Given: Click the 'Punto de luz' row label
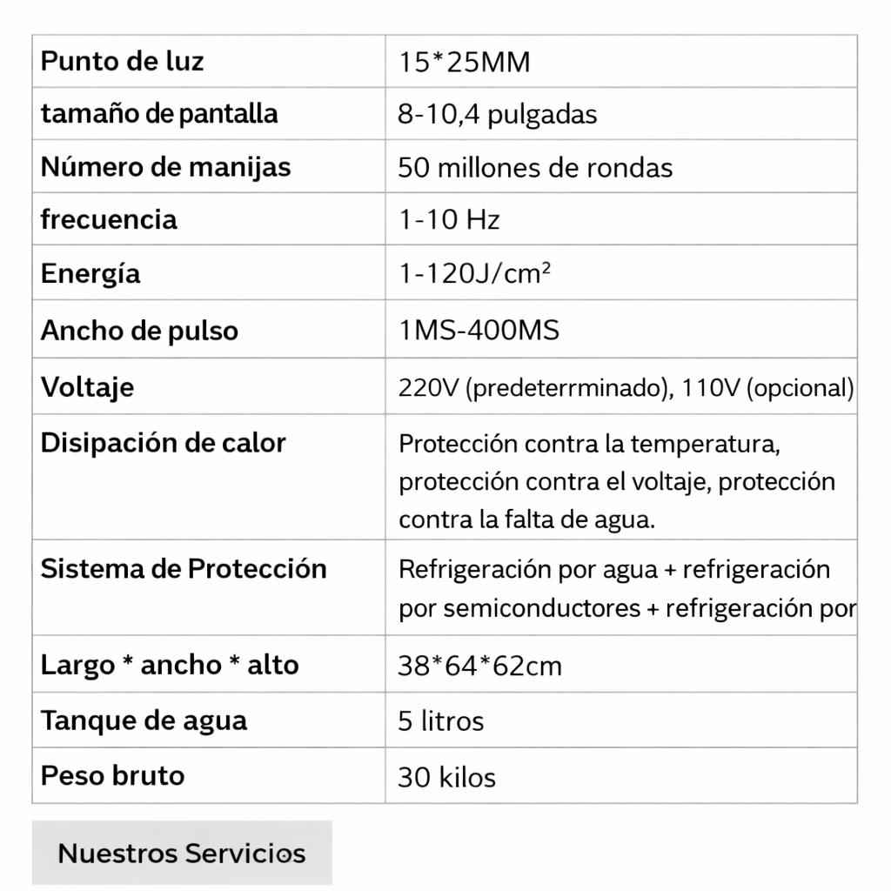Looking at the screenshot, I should [123, 62].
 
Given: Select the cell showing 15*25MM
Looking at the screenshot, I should [464, 64].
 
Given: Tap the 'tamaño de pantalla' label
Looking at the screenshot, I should [159, 114].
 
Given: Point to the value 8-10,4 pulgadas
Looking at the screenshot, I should [498, 116].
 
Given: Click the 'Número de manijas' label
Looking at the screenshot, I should [165, 166].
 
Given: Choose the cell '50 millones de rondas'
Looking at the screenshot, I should [535, 168].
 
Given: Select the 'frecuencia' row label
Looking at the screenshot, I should [109, 219].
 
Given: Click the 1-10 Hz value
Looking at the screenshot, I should [449, 220].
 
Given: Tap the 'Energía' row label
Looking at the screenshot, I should [90, 274].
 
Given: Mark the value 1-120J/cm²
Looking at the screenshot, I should [475, 275].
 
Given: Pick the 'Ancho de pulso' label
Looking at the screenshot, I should [139, 331].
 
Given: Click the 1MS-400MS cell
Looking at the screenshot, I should [479, 332].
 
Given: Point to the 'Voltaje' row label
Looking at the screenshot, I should [88, 386].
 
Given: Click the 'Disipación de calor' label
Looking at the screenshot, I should [164, 443].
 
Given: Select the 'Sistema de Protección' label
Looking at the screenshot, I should [184, 569].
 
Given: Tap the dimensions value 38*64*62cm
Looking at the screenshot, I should [480, 667].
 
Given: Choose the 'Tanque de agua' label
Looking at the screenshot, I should [144, 720].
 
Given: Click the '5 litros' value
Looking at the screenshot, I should [440, 721].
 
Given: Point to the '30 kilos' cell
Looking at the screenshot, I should [446, 777].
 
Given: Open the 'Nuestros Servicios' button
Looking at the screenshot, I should [182, 853].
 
